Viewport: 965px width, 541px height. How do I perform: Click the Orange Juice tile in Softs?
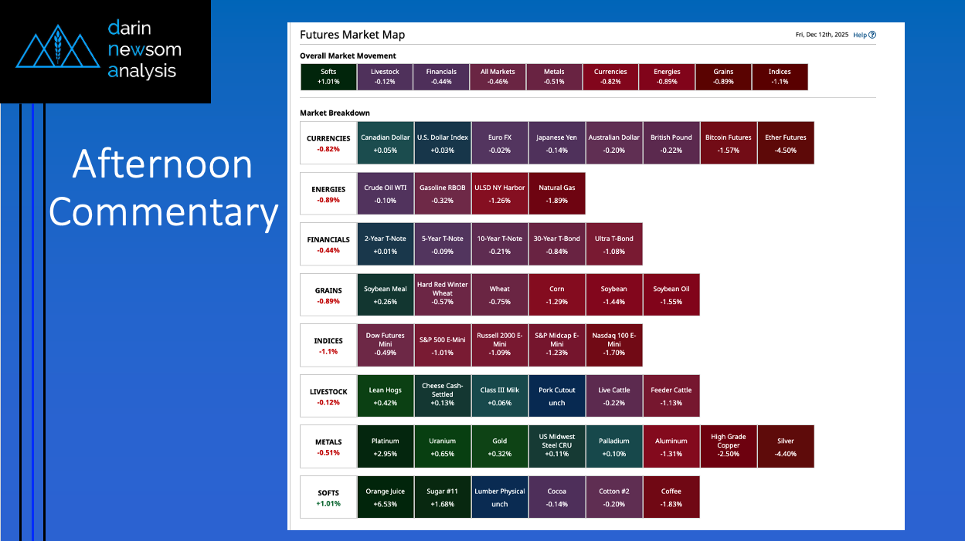point(385,497)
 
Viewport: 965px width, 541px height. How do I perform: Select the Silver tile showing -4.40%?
point(786,447)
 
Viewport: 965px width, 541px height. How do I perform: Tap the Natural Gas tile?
point(557,194)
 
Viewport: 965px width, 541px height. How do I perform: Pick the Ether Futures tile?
point(786,144)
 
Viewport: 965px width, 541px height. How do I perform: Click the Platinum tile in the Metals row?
point(385,447)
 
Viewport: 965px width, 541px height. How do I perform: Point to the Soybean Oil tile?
point(671,295)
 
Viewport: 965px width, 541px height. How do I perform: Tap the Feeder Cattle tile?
point(671,396)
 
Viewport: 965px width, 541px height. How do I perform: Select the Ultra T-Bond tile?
point(613,245)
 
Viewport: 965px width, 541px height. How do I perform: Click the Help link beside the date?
point(864,35)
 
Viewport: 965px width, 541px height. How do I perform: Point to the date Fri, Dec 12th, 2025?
point(822,35)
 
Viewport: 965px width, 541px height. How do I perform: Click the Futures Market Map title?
point(352,35)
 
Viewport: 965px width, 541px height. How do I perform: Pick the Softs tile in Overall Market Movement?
point(328,76)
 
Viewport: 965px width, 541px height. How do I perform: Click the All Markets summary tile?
point(498,76)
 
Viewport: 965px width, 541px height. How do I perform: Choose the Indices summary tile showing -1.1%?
point(780,76)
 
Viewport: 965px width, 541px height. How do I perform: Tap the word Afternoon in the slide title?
point(162,164)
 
